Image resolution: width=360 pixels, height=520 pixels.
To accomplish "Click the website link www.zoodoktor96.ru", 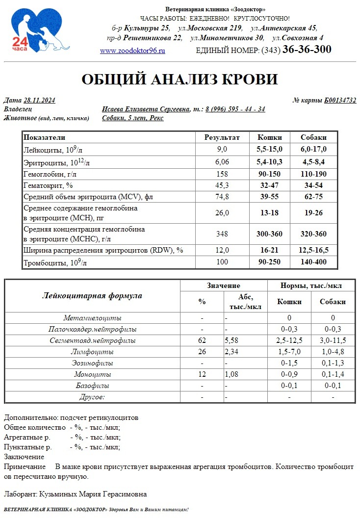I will (132, 51).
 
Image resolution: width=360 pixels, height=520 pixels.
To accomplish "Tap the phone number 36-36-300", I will (307, 50).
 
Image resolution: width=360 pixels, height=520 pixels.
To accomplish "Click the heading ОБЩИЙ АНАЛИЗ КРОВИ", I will (180, 79).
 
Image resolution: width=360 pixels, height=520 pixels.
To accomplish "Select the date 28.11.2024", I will (39, 101).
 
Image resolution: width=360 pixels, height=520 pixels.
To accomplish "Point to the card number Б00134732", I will (340, 101).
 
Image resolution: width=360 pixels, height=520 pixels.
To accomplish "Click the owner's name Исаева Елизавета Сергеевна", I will (146, 109).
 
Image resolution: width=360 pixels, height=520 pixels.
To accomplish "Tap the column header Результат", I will (222, 137).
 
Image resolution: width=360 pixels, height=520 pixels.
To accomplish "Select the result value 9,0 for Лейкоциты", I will (222, 149).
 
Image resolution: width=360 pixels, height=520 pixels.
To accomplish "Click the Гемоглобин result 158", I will (222, 174).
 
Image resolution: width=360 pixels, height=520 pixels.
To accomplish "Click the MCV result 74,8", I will (222, 197).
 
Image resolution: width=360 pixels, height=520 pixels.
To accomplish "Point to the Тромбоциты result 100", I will (222, 262).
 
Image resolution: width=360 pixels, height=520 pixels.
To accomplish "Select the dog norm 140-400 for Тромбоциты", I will (314, 262).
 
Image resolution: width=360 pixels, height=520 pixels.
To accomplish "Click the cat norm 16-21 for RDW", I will (269, 250).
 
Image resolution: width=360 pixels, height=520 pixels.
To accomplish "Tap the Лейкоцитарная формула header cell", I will (92, 296).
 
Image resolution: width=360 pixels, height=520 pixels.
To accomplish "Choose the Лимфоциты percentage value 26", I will (202, 352).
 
